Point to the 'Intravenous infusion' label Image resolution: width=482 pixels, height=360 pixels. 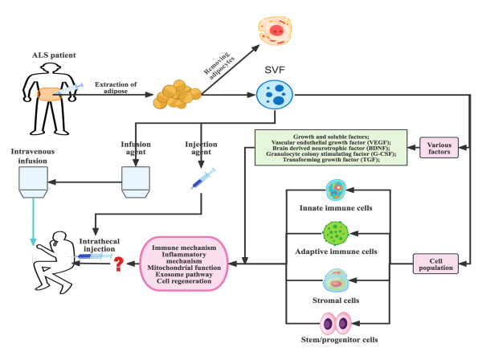click(x=31, y=156)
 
